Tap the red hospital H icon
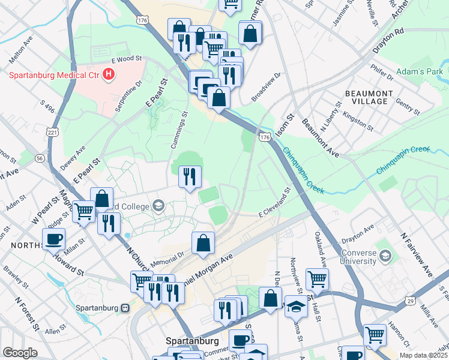pos(109,75)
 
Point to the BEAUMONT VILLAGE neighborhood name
pos(370,97)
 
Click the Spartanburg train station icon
pos(125,308)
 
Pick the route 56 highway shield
pos(40,158)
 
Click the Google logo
pos(20,352)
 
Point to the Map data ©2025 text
pos(423,355)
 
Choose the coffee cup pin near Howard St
pos(53,239)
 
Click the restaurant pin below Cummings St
pos(190,176)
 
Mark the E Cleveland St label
pos(274,202)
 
